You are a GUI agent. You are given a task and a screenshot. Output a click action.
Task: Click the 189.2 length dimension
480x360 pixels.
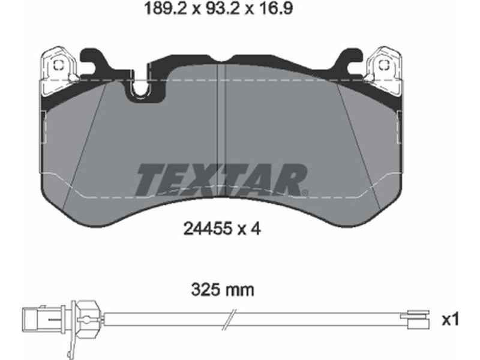[x=166, y=8]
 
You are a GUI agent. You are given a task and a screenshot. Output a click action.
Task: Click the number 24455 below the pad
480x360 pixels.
[x=206, y=229]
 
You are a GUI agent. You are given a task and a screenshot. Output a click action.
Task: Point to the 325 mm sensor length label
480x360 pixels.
[x=223, y=289]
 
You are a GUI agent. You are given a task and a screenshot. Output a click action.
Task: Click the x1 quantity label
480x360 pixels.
[x=451, y=320]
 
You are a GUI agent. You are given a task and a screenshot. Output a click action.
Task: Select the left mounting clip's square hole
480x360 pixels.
[x=58, y=65]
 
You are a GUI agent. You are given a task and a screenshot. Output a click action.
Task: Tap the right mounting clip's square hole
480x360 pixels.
[x=383, y=65]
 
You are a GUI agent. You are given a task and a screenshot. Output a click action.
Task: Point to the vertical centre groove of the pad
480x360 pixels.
[x=221, y=128]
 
